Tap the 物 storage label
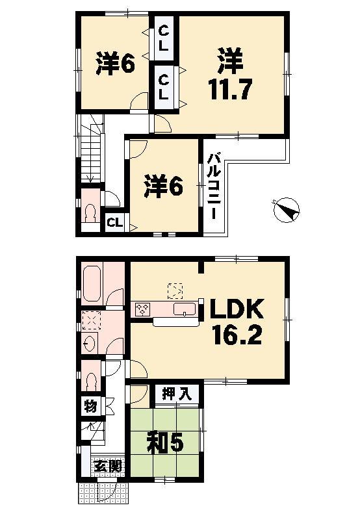pyautogui.click(x=90, y=407)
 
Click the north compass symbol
pyautogui.click(x=285, y=209)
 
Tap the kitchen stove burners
pyautogui.click(x=143, y=309)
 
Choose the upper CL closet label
pyautogui.click(x=163, y=38)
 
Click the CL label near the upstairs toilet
pyautogui.click(x=114, y=223)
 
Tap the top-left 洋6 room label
pyautogui.click(x=116, y=64)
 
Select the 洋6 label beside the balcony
pyautogui.click(x=163, y=186)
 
